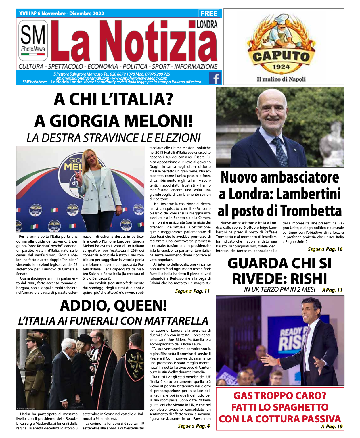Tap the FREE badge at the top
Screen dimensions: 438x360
click(209, 14)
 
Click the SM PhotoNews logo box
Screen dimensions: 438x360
click(33, 41)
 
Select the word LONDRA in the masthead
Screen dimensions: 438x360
click(207, 24)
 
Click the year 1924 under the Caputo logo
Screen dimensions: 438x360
click(281, 67)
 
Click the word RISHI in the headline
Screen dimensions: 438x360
click(309, 278)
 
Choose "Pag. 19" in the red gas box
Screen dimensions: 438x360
click(334, 427)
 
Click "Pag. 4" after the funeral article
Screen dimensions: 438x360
click(203, 426)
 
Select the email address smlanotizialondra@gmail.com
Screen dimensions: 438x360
click(83, 78)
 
